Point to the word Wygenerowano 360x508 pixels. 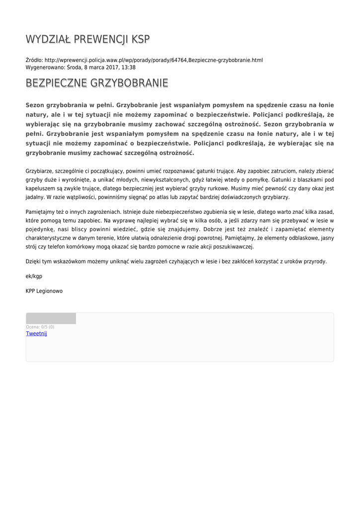[45, 67]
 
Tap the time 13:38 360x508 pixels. [129, 67]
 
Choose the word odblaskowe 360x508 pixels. [293, 238]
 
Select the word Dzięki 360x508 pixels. [34, 261]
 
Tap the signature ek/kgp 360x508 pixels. [34, 276]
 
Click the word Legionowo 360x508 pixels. [50, 291]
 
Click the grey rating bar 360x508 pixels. [51, 318]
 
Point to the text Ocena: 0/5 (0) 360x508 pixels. [40, 327]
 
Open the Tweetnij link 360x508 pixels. [36, 334]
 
